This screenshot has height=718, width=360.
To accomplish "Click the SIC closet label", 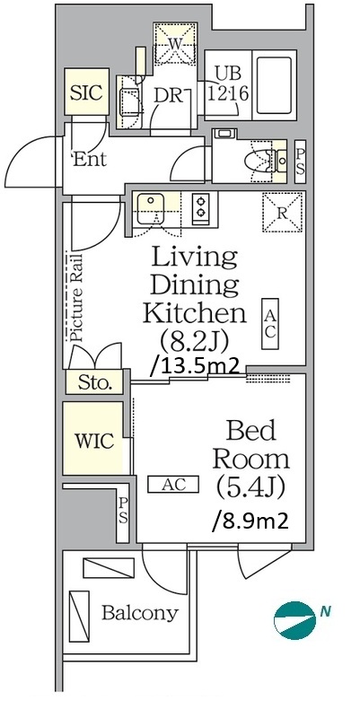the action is pyautogui.click(x=86, y=93).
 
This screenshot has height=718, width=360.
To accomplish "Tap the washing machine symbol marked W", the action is pyautogui.click(x=175, y=43).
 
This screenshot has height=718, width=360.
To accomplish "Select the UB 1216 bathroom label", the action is pyautogui.click(x=228, y=84).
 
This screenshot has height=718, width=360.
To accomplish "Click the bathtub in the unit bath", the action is pyautogui.click(x=275, y=85).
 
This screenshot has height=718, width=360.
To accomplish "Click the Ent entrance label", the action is pyautogui.click(x=90, y=160).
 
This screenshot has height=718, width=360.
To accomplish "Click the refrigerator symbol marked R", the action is pyautogui.click(x=283, y=213).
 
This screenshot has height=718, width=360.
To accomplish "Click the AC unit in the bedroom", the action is pyautogui.click(x=172, y=484).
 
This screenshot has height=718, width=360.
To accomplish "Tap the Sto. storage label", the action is pyautogui.click(x=95, y=382).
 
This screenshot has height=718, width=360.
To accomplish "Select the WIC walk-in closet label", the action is pyautogui.click(x=94, y=441).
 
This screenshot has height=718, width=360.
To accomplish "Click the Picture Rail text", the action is pyautogui.click(x=76, y=297).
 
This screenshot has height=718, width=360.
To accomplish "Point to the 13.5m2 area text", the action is pyautogui.click(x=196, y=366).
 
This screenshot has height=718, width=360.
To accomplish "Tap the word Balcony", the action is pyautogui.click(x=140, y=613).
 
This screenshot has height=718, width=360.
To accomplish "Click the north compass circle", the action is pyautogui.click(x=295, y=620).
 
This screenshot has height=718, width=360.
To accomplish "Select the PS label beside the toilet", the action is pyautogui.click(x=300, y=162).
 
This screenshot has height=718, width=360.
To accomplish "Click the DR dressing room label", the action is pyautogui.click(x=169, y=96).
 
